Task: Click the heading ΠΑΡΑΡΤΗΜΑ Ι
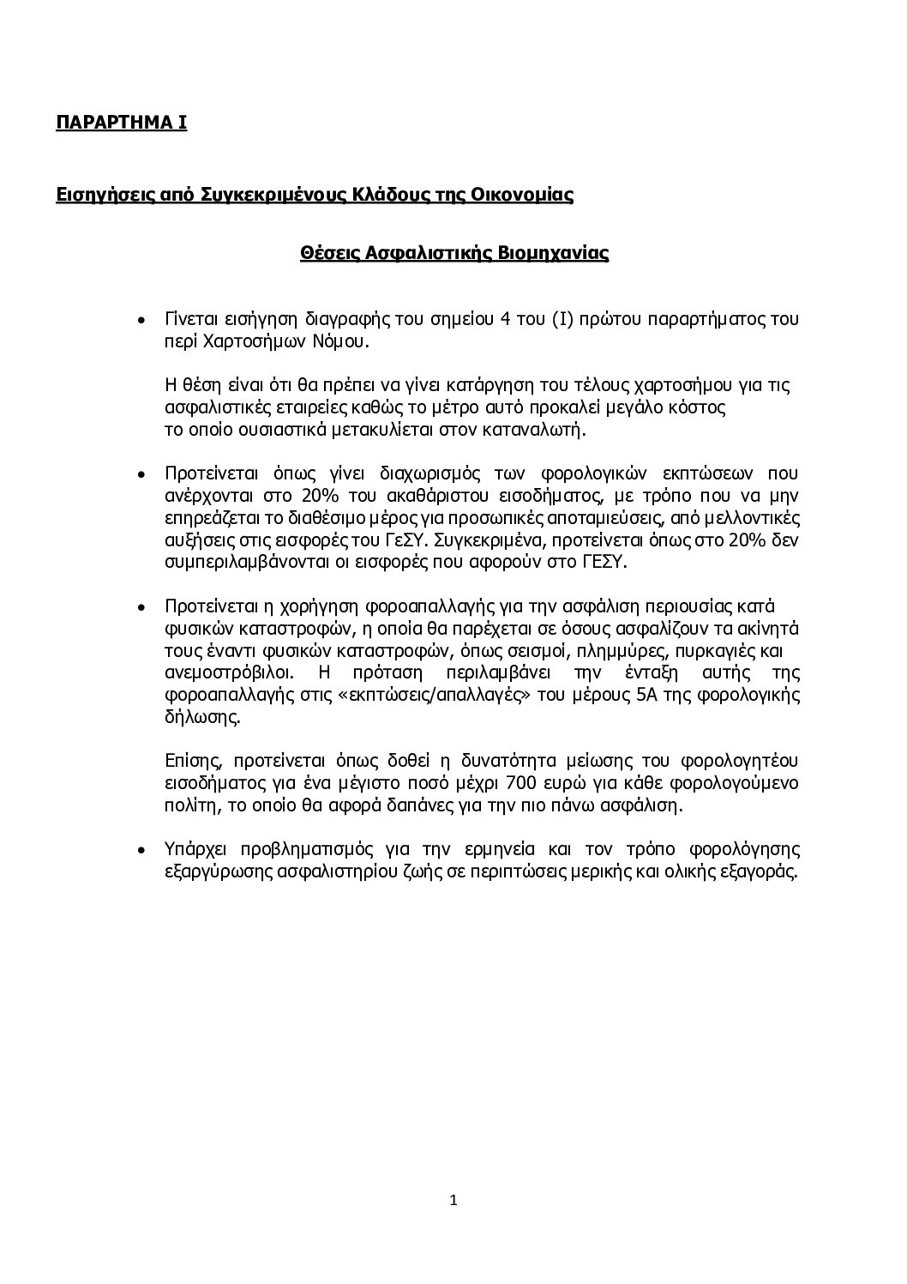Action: point(121,122)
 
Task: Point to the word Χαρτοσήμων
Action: point(244,341)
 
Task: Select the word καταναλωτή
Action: point(543,430)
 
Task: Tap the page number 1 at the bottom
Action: point(453,1200)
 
